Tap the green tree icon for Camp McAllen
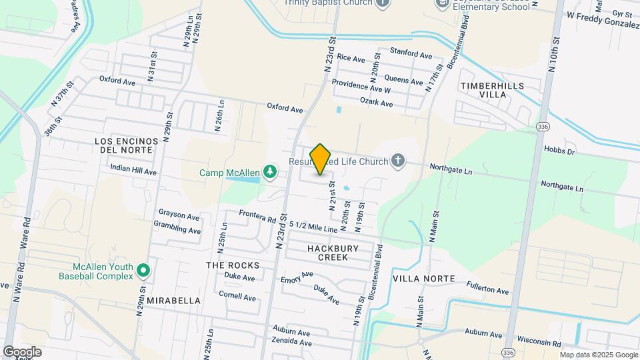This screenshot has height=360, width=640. coord(270,173)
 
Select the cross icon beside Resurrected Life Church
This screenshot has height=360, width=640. coord(397,161)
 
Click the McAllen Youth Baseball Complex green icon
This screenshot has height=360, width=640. coord(143,271)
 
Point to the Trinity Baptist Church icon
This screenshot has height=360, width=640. coord(382,3)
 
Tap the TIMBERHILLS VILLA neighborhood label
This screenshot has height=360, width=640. coord(492,91)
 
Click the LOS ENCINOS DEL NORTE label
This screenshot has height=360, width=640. coord(127,145)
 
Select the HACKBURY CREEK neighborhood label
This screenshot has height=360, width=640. coord(333,253)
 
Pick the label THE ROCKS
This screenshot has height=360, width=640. coord(232,265)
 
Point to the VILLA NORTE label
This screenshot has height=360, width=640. coord(424,279)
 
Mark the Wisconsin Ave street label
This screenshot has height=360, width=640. coord(540,343)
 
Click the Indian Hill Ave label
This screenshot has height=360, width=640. coord(133,171)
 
